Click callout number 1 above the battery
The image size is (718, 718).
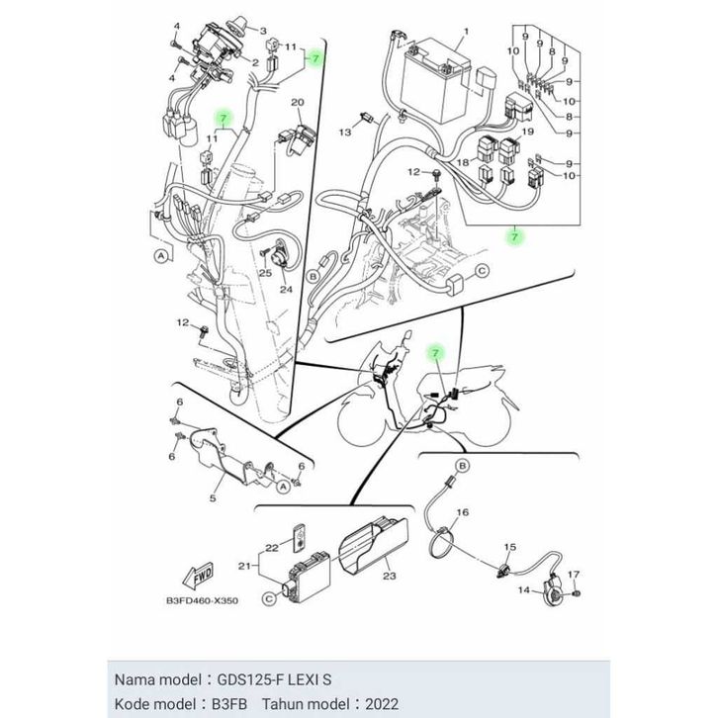[466, 32]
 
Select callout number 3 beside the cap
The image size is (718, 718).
[263, 31]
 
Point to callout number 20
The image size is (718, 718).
[298, 102]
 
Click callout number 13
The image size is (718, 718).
[345, 132]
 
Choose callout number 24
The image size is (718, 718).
[286, 290]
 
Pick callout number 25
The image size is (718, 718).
[266, 273]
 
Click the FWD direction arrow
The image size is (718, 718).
[198, 575]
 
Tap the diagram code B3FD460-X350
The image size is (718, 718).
[202, 600]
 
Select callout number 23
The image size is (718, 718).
[389, 576]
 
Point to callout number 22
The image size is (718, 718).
[272, 548]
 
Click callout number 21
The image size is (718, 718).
[244, 567]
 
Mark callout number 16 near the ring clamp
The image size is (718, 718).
[463, 512]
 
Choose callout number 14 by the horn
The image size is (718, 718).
[524, 589]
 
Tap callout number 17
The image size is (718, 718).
[574, 575]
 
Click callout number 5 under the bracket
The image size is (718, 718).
[213, 498]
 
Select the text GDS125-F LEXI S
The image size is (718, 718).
[274, 679]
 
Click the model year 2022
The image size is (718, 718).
[381, 703]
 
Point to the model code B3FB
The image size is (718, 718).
[229, 703]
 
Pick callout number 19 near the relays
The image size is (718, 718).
[528, 132]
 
